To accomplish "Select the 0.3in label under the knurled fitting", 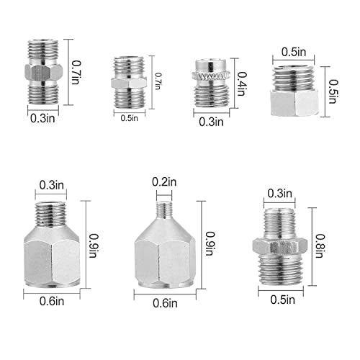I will [211, 122].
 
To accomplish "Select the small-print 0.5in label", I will [132, 117].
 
